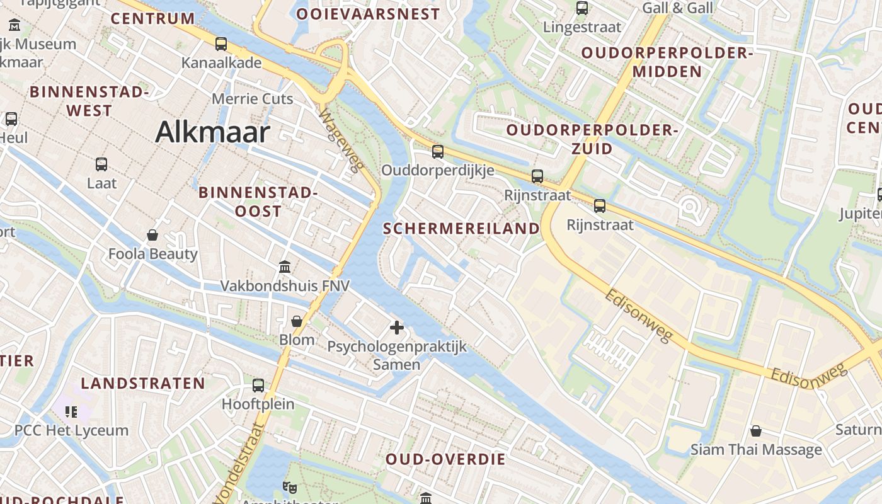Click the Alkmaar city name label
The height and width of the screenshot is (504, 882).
pos(212,132)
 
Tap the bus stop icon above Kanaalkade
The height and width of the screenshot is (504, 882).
pos(221,44)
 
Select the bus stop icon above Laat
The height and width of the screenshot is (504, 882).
pos(101,164)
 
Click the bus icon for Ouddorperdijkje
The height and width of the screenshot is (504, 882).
pos(438,152)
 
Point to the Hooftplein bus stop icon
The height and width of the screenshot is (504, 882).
pos(258,386)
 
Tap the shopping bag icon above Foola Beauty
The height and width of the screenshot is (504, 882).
pos(152,236)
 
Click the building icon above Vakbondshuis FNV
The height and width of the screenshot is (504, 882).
pos(285,267)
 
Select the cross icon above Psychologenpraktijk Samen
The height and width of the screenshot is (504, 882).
pos(397,328)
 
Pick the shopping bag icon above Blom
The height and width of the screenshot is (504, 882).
pos(297,321)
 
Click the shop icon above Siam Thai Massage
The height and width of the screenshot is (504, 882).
pos(756,431)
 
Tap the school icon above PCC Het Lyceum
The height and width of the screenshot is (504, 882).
pos(71,412)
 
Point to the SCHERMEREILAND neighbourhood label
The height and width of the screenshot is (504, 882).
pos(462,229)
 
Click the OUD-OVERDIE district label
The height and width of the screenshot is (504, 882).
pos(445,459)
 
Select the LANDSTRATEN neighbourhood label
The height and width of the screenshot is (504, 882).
pos(143,383)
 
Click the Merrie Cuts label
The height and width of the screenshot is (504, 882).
pos(252,99)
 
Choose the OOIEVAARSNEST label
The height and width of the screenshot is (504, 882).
pos(368,14)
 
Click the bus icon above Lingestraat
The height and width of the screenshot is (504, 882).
pos(582,8)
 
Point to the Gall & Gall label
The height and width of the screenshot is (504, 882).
pos(677,8)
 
